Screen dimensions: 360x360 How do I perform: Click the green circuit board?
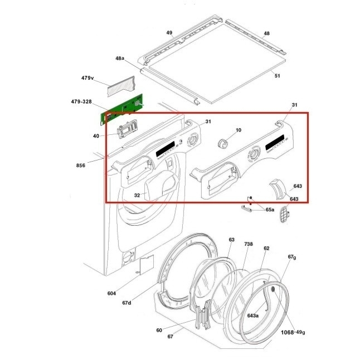click(121, 110)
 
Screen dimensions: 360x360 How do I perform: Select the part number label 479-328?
click(81, 101)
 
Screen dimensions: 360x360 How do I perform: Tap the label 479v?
click(87, 78)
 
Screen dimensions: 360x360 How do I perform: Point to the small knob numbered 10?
click(223, 143)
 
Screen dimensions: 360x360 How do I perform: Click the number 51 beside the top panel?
click(278, 76)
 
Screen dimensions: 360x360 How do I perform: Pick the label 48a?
click(120, 59)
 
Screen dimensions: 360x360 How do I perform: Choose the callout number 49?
click(169, 33)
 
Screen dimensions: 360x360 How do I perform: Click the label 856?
click(81, 166)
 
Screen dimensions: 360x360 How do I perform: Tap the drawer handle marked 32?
click(161, 186)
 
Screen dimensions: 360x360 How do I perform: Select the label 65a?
click(270, 210)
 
